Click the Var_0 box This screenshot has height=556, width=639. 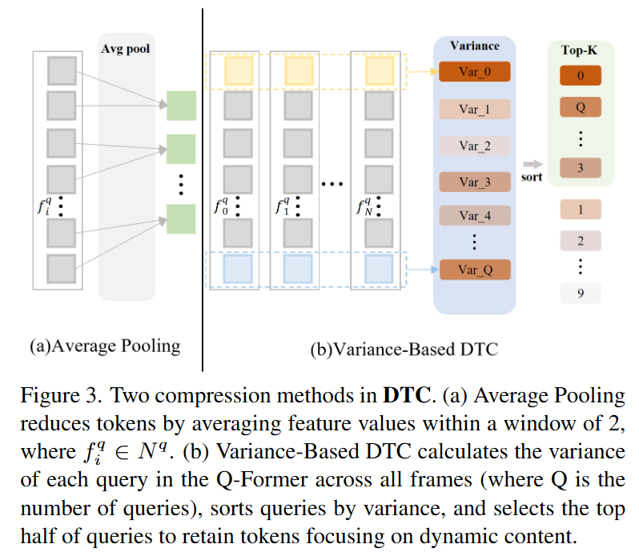click(x=475, y=72)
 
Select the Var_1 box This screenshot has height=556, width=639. click(x=475, y=109)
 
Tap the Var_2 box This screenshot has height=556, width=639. click(x=475, y=146)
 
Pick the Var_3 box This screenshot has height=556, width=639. click(x=475, y=182)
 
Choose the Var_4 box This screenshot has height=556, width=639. click(x=475, y=215)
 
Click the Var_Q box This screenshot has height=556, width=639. click(x=475, y=270)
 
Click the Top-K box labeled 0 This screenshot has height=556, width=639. click(x=581, y=77)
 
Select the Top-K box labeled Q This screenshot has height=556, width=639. click(x=581, y=108)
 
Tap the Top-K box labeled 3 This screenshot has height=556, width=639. click(x=581, y=168)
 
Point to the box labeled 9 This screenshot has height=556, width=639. click(x=581, y=294)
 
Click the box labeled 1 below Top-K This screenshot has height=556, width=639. click(x=581, y=210)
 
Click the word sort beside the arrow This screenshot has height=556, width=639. click(x=532, y=177)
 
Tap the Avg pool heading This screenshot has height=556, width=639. click(x=125, y=48)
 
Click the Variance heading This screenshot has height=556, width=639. click(x=475, y=46)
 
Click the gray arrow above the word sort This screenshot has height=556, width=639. click(x=532, y=163)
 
